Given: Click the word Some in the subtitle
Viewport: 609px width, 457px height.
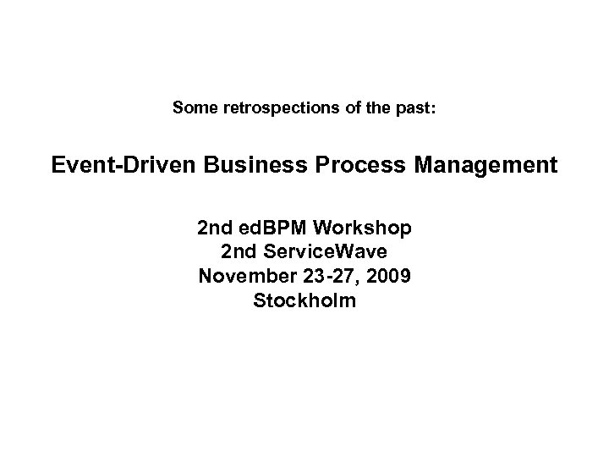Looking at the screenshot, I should tap(192, 108).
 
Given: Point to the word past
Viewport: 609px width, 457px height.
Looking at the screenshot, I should tap(413, 108).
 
